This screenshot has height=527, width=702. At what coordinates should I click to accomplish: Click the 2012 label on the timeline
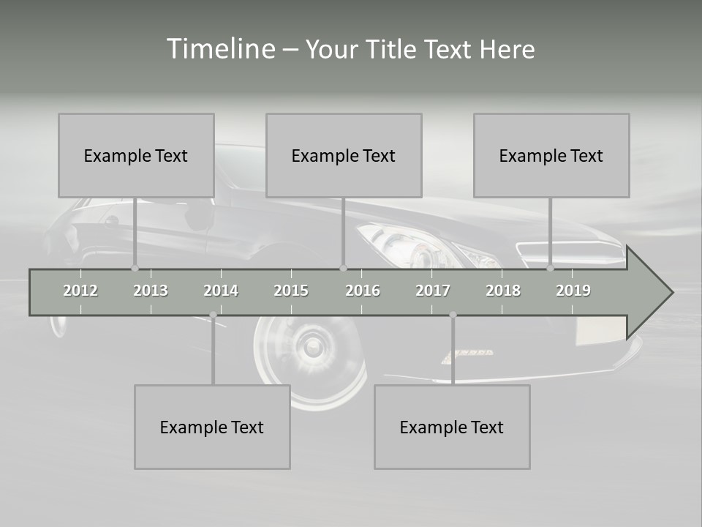pos(80,291)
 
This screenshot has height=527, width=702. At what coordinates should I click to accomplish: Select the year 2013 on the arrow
pos(151,291)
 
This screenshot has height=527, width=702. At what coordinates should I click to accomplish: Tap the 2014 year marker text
pos(221,291)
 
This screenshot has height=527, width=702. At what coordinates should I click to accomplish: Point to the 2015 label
pos(291,291)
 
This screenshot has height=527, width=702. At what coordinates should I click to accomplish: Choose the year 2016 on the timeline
pos(363,291)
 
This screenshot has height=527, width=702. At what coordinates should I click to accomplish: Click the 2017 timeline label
pos(433,291)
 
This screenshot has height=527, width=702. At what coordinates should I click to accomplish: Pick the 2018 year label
pos(503,291)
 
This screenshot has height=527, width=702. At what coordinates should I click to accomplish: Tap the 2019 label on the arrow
pos(573,291)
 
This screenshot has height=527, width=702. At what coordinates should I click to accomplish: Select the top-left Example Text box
pos(136,155)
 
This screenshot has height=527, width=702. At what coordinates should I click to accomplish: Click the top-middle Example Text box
pos(344,155)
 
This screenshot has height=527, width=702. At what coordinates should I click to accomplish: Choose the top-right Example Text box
pos(551,155)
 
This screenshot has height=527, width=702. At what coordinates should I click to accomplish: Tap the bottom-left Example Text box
pos(212,427)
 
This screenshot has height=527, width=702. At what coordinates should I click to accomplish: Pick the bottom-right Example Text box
pos(452,427)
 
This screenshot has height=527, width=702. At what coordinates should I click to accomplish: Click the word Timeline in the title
pos(220,48)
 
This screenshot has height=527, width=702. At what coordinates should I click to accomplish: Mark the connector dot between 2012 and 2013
pos(135,268)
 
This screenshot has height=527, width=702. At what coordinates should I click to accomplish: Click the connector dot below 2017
pos(453,315)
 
